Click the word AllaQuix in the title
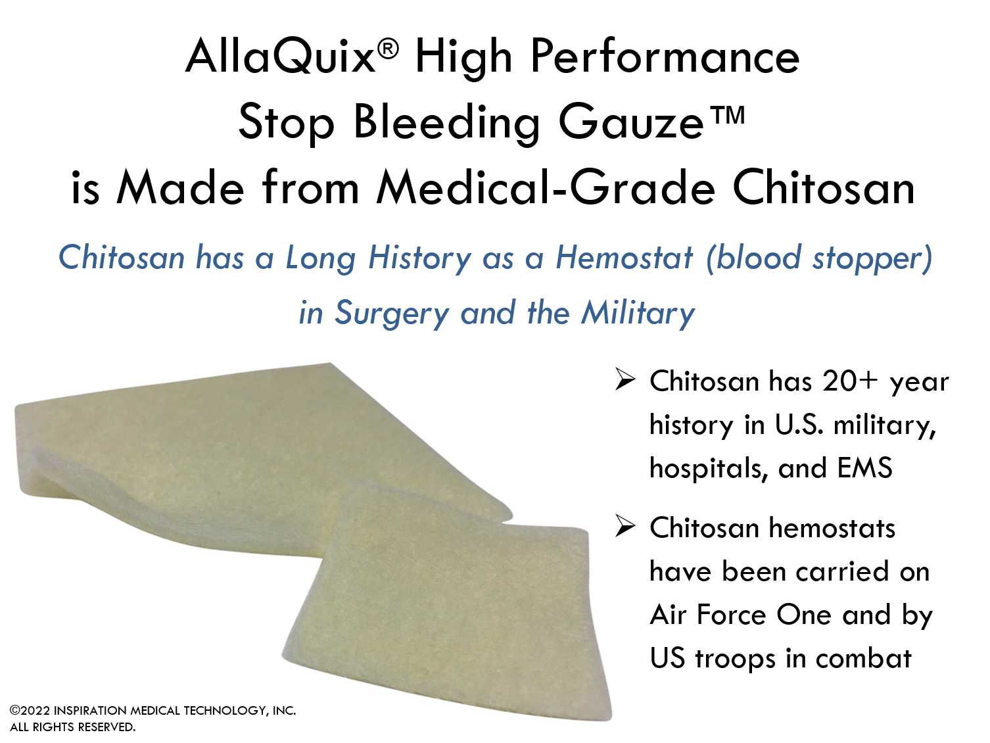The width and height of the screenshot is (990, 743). (281, 57)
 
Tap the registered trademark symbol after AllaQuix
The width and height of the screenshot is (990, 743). (388, 49)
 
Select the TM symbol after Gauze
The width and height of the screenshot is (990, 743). (725, 114)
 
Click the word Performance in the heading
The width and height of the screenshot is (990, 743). (665, 57)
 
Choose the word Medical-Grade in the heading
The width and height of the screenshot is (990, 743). (546, 188)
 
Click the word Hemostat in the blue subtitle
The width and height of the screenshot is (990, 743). (624, 257)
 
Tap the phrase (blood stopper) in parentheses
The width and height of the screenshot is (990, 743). (819, 258)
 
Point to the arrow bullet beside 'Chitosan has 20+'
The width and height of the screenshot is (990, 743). (625, 379)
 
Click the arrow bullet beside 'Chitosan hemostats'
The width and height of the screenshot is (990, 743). (625, 526)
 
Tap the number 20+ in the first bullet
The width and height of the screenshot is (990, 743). (850, 381)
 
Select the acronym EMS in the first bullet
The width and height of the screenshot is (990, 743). (864, 467)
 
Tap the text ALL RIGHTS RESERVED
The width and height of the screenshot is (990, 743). (72, 727)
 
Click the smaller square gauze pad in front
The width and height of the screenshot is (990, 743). (446, 600)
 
